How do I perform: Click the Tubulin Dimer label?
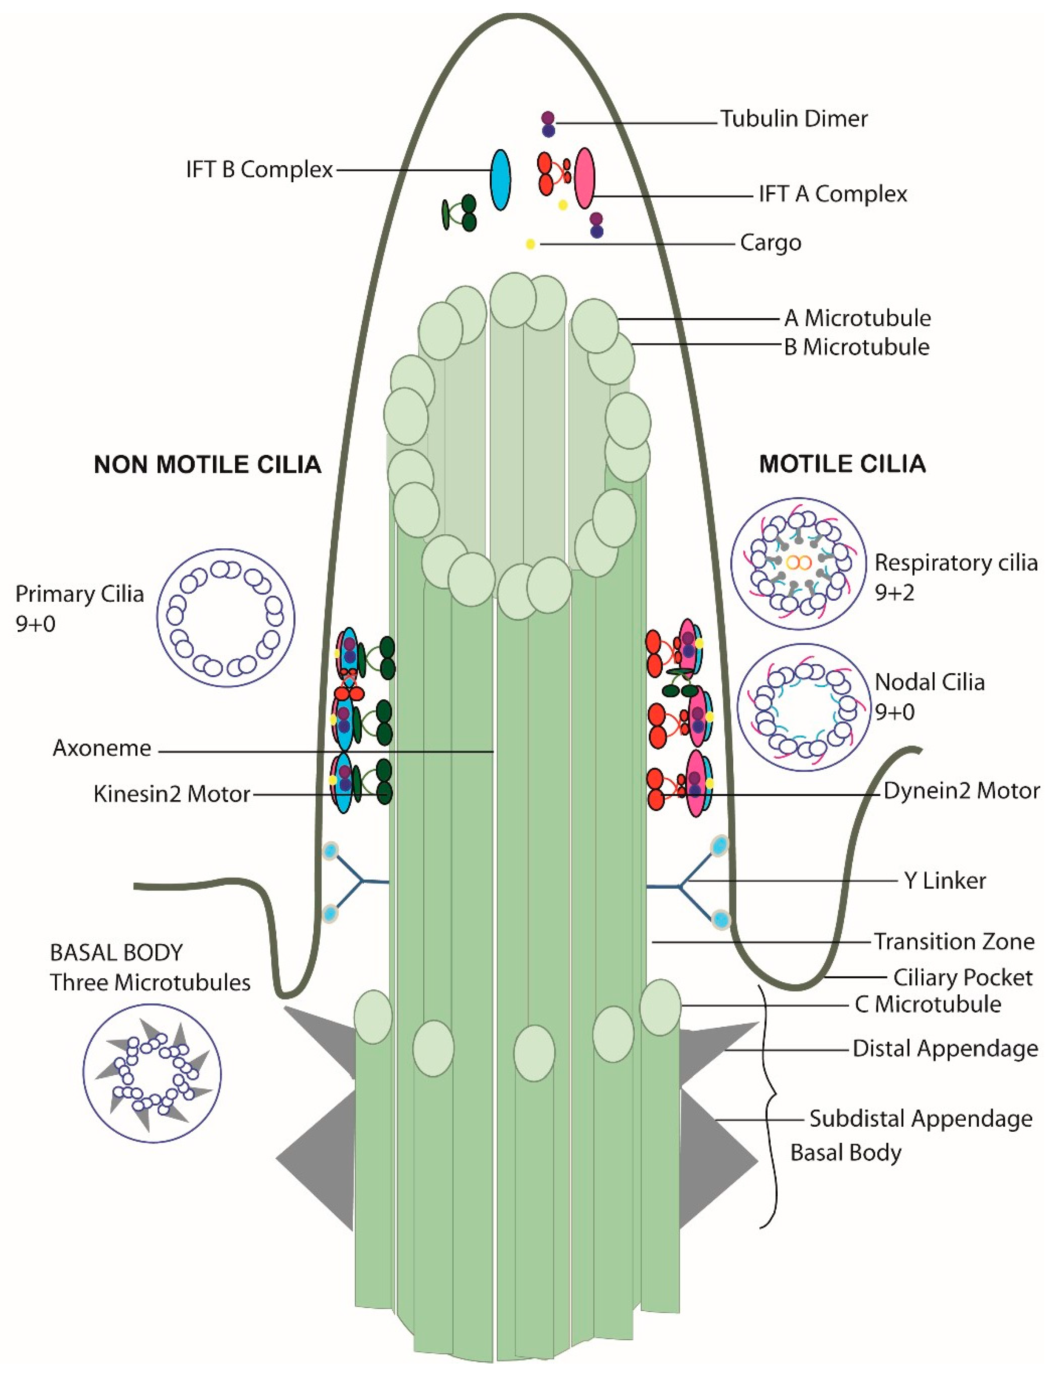(x=794, y=119)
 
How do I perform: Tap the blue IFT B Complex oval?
(x=500, y=179)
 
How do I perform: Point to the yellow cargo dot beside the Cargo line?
(x=531, y=244)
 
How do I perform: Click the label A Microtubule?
(x=857, y=318)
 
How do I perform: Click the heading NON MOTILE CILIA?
(x=207, y=465)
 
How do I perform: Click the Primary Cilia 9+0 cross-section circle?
(x=225, y=617)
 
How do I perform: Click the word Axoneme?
(x=102, y=748)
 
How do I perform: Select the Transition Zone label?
(x=954, y=941)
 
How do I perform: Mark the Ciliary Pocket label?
(x=962, y=978)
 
